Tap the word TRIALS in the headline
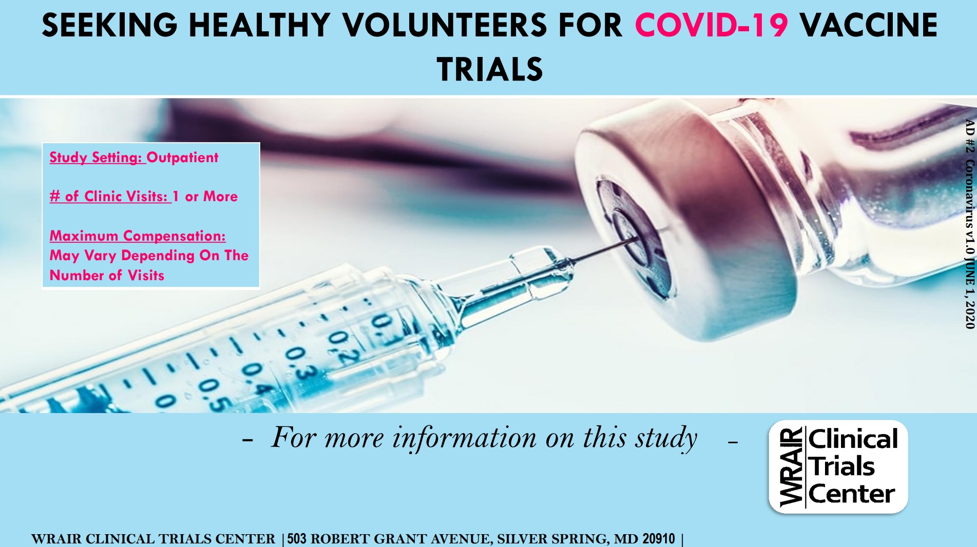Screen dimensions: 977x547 [490, 69]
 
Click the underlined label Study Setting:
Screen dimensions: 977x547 [95, 157]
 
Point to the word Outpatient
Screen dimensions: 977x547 [182, 157]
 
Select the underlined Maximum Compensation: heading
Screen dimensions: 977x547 [138, 236]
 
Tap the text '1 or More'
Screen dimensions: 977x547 [205, 196]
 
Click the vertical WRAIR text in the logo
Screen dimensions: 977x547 [791, 467]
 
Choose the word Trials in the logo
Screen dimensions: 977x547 [842, 466]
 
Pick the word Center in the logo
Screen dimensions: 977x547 [852, 494]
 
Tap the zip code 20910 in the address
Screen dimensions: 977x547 [659, 539]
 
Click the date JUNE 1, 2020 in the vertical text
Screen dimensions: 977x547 [970, 292]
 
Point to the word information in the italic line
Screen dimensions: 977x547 [465, 438]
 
